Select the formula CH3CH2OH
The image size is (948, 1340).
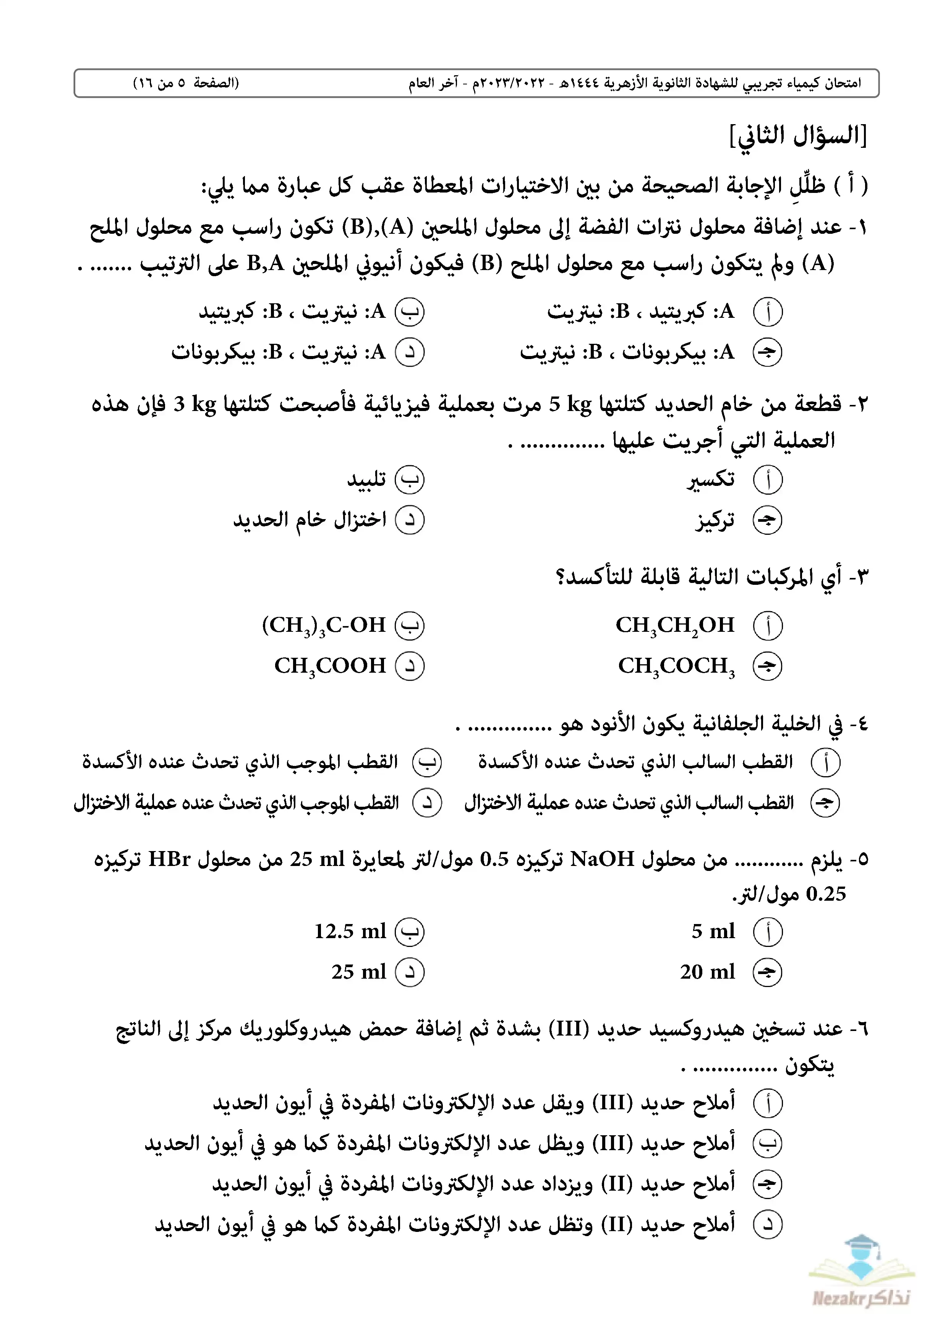(675, 625)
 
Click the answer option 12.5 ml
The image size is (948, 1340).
(350, 931)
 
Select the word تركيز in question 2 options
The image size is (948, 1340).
(715, 520)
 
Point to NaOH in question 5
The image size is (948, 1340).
(602, 859)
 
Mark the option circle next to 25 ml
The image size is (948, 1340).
(410, 972)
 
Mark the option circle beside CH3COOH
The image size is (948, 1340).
(410, 666)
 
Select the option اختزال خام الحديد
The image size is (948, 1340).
(310, 520)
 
